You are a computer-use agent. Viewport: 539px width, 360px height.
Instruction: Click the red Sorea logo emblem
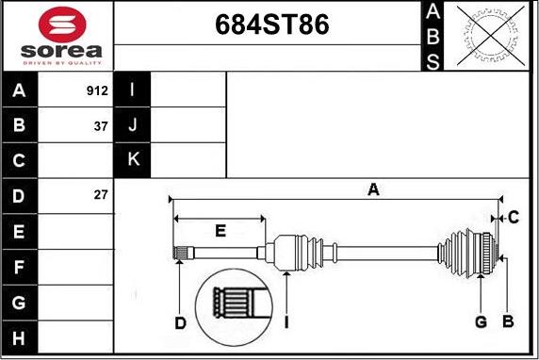click(62, 25)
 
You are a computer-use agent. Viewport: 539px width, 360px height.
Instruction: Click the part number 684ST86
click(272, 25)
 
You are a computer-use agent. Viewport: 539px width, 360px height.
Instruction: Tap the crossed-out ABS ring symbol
click(491, 36)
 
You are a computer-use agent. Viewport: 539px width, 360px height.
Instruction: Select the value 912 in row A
click(97, 90)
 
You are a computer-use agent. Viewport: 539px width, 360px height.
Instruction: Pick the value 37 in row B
click(101, 126)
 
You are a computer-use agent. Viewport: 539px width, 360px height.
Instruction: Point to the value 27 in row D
click(101, 195)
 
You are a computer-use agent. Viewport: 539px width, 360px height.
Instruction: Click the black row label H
click(19, 338)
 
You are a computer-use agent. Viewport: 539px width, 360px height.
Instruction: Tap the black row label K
click(133, 160)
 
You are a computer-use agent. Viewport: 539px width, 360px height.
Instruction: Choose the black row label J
click(133, 124)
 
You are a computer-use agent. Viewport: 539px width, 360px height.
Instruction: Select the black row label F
click(19, 267)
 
